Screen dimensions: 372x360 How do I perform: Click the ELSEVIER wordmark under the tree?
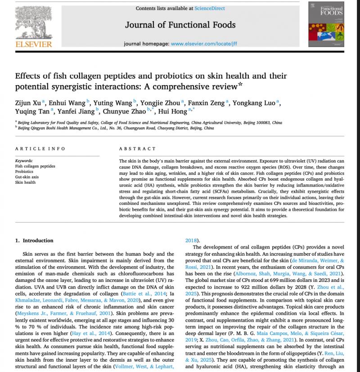tap(34, 44)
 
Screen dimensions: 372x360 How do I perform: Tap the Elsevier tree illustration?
tap(34, 20)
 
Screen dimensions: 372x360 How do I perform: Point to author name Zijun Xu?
tap(28, 103)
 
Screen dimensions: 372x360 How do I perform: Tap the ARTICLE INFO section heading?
tap(40, 149)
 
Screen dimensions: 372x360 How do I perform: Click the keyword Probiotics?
tap(24, 172)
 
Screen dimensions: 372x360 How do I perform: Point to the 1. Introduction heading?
tap(34, 240)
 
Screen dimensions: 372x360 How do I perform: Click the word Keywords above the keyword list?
tap(24, 161)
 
